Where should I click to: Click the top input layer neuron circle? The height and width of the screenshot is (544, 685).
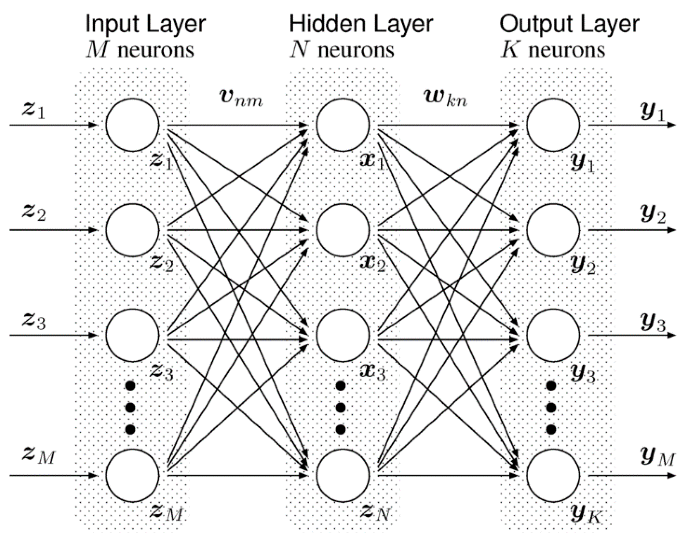pos(132,125)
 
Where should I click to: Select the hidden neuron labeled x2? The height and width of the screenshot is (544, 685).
pos(343,230)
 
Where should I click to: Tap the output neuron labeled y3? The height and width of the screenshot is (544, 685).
pos(553,335)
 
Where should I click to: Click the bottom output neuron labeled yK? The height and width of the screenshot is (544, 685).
pos(553,475)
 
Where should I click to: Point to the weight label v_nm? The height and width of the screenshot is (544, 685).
pos(241,98)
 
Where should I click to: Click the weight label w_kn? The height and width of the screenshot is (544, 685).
pos(446,98)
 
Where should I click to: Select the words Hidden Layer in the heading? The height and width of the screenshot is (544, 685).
pos(361,24)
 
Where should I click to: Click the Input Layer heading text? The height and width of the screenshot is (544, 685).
pos(146,24)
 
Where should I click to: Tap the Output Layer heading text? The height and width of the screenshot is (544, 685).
pos(569,24)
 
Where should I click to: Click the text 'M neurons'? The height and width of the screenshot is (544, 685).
pos(140,50)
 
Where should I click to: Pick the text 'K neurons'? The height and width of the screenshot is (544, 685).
pos(553,50)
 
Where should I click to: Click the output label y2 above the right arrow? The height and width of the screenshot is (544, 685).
pos(653,215)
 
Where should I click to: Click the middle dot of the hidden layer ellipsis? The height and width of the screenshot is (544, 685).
pos(341,407)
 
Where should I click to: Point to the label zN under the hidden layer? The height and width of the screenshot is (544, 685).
pos(375,512)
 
